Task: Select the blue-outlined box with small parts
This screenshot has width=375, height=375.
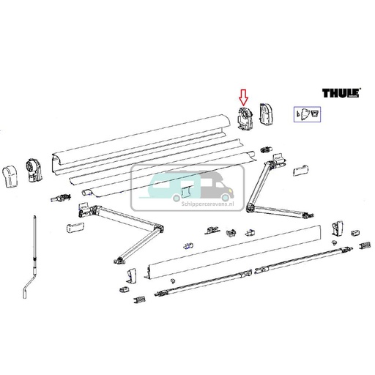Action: [305, 114]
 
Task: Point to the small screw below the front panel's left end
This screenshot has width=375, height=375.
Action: [169, 282]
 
